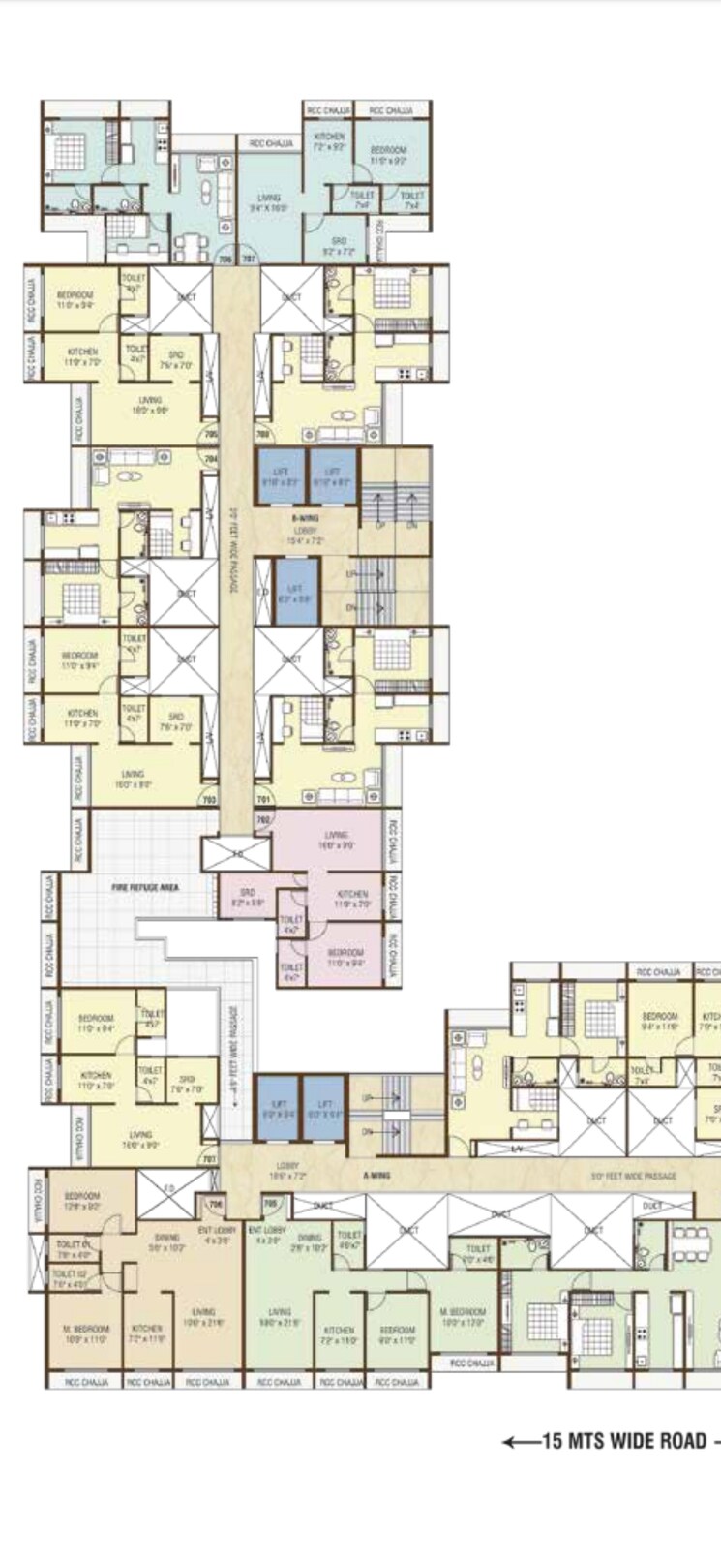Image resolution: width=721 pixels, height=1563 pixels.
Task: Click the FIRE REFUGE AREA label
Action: (x=150, y=885)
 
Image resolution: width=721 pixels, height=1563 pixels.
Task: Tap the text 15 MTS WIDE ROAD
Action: (x=623, y=1441)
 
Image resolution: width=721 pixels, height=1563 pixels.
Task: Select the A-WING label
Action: (x=376, y=1175)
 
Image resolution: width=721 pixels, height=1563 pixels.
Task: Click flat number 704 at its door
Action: (x=211, y=459)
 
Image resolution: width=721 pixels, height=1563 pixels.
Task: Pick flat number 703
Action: (x=208, y=800)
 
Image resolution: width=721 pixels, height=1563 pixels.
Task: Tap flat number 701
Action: (x=262, y=800)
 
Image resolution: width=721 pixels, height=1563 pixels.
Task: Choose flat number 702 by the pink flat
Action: (x=263, y=819)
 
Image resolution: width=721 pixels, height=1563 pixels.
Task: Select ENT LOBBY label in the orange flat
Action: (x=218, y=1234)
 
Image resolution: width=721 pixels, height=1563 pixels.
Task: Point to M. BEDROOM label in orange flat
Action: (x=86, y=1333)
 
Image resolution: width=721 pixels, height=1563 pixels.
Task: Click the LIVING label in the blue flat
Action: (x=268, y=201)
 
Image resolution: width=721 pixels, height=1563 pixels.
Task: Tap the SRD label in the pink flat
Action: (x=248, y=895)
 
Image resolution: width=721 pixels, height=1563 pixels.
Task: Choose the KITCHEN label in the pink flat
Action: (x=352, y=898)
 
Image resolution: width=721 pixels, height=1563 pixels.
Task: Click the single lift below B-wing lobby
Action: (x=294, y=593)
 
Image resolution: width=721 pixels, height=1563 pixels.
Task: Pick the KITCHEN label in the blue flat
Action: (x=330, y=142)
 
